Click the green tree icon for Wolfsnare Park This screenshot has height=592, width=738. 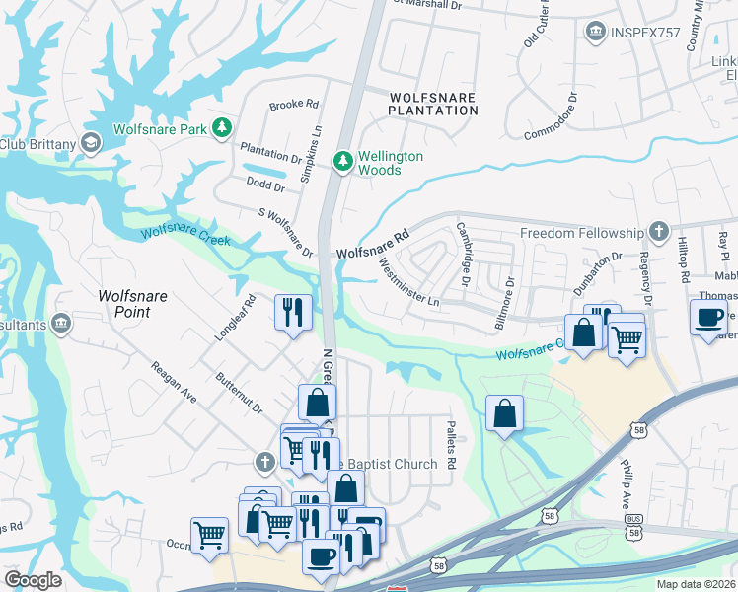(x=224, y=128)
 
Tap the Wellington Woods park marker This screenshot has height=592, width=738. (x=342, y=160)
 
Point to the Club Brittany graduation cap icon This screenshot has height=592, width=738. (x=92, y=144)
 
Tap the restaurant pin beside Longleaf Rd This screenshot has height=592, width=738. (x=294, y=313)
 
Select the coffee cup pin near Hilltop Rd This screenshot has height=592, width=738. (x=708, y=319)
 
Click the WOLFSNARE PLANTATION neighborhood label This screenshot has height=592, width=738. (x=433, y=105)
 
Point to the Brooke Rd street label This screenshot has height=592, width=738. (x=294, y=104)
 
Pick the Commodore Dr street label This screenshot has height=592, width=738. (x=551, y=116)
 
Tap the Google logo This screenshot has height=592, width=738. (x=33, y=580)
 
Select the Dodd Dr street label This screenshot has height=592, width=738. (x=265, y=183)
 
